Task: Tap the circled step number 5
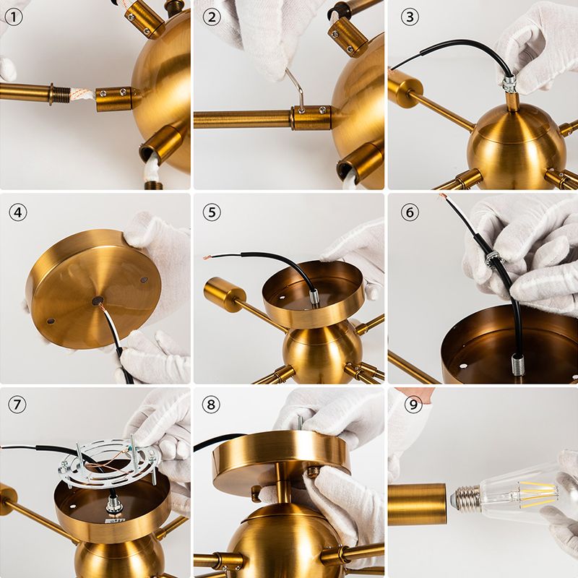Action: pos(210,212)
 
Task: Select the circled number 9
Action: pos(413,406)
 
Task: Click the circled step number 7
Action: pos(15,406)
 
